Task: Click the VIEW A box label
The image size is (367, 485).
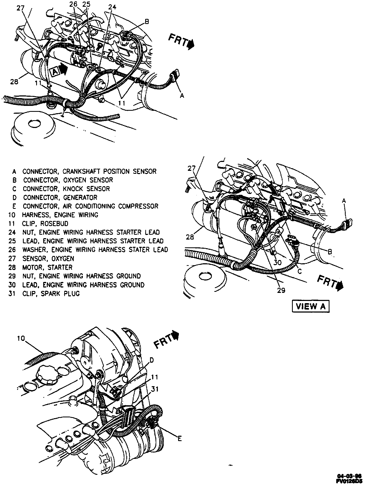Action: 311,306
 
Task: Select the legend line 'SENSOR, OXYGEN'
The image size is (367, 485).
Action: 48,259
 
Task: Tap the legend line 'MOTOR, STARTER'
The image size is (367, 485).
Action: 47,268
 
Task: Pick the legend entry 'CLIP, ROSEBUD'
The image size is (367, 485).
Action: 45,224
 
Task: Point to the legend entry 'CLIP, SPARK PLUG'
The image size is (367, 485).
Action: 51,294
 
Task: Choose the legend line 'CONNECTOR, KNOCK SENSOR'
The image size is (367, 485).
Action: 66,189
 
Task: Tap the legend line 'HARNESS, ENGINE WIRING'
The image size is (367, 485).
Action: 60,215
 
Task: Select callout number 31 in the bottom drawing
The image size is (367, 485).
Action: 155,389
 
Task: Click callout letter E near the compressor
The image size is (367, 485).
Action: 179,439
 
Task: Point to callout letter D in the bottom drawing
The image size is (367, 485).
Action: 152,360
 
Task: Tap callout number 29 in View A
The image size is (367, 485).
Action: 281,290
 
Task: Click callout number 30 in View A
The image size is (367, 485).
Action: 278,262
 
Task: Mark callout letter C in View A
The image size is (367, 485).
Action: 299,272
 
